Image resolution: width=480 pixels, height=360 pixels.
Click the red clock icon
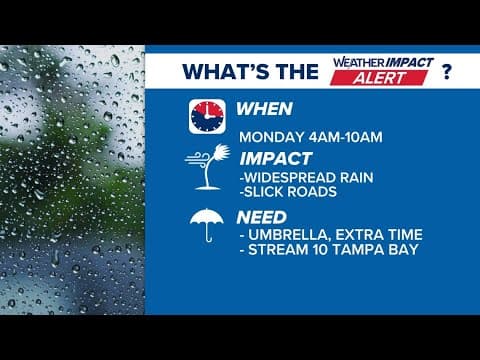click(x=206, y=116)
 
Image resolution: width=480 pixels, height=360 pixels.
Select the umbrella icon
click(x=207, y=226)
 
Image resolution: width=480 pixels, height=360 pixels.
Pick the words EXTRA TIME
click(x=381, y=234)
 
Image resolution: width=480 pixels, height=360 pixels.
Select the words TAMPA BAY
click(x=383, y=250)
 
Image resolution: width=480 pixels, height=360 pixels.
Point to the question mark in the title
click(x=445, y=71)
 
